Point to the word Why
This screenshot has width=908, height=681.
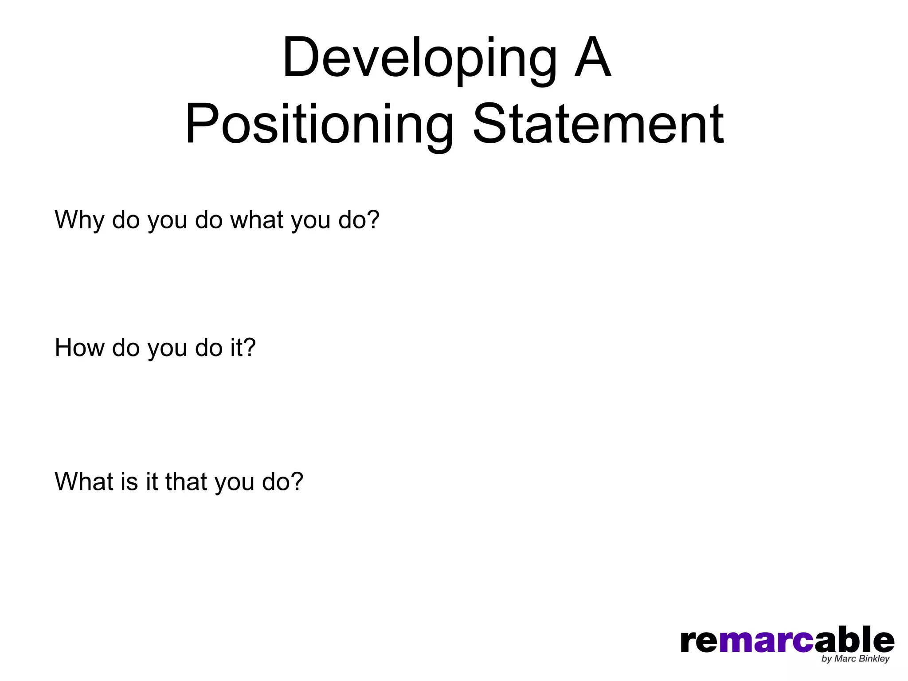click(x=79, y=220)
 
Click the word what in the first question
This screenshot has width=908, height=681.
click(x=257, y=220)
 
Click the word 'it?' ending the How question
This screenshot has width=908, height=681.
click(x=243, y=348)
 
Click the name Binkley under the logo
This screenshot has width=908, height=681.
click(x=873, y=659)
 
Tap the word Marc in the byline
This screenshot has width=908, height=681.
click(x=845, y=659)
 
